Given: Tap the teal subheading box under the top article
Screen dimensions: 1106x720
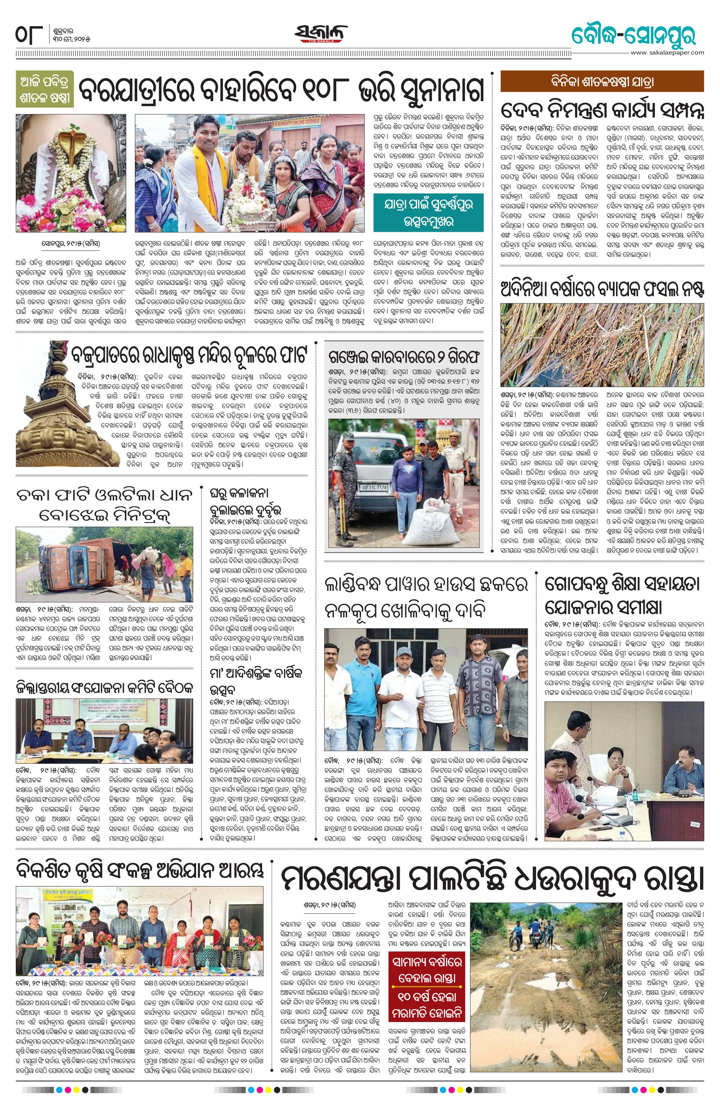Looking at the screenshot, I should click(428, 212).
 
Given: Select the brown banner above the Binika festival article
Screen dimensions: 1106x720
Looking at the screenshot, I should click(602, 81).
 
